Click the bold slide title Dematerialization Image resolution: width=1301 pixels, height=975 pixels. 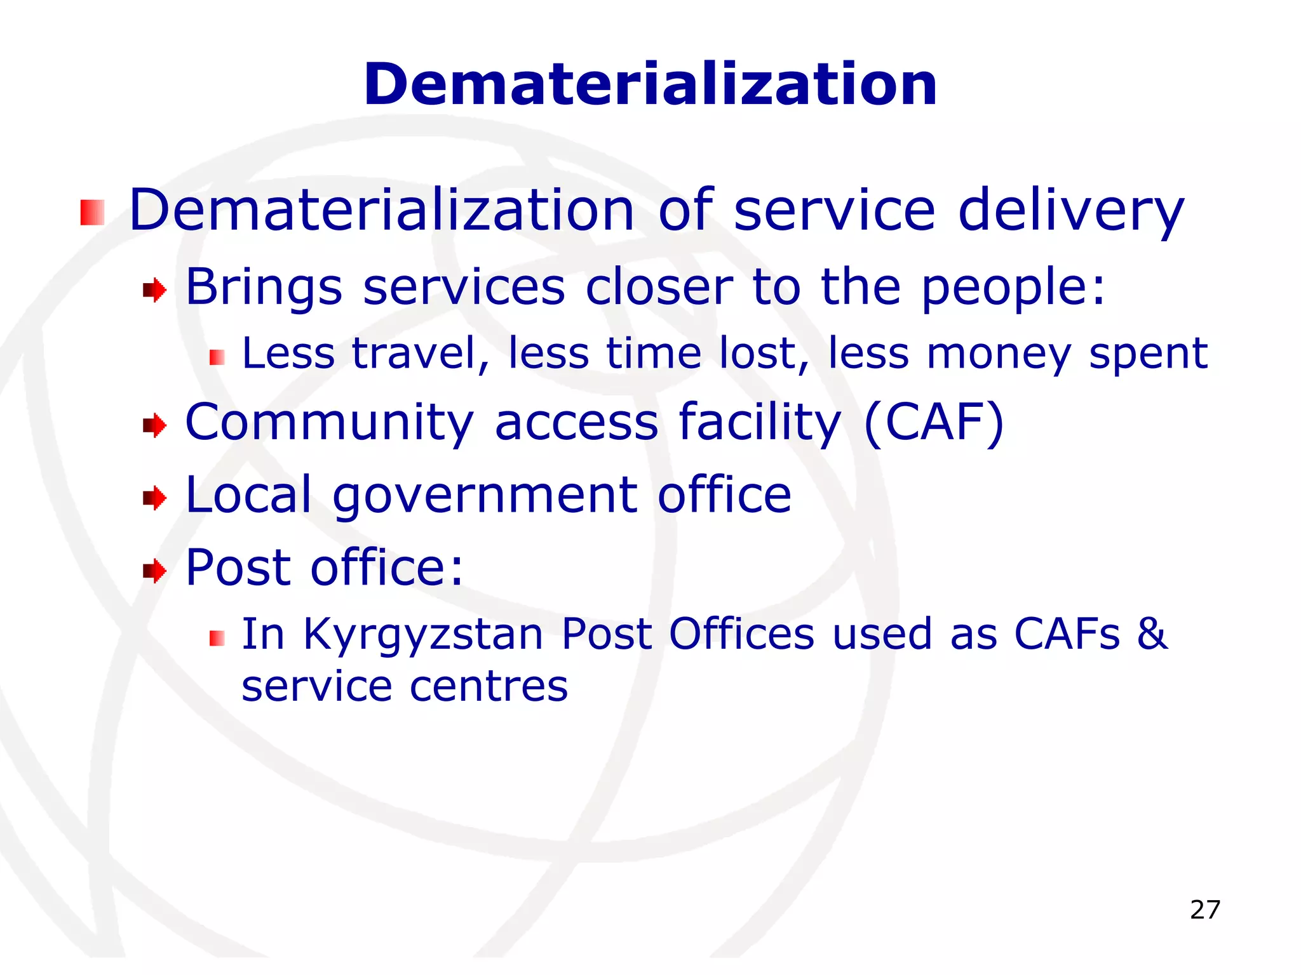pos(650,84)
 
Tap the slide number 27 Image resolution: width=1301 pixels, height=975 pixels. pos(1205,910)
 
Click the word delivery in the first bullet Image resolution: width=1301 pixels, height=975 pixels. pos(1070,211)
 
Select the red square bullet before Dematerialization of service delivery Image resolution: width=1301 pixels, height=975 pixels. pos(92,213)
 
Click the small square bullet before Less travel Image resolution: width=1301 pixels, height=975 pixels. pos(217,358)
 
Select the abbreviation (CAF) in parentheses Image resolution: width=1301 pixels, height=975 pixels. pos(934,422)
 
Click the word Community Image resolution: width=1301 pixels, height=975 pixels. pos(329,423)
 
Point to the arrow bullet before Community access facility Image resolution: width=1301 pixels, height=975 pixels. pos(154,425)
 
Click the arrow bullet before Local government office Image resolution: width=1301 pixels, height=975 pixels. pos(154,498)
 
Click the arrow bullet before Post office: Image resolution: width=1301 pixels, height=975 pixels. pos(154,571)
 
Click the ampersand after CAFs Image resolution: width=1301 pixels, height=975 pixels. pos(1152,634)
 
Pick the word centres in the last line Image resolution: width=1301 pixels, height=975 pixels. pos(489,687)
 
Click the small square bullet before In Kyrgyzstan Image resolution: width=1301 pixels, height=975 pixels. pos(217,638)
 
